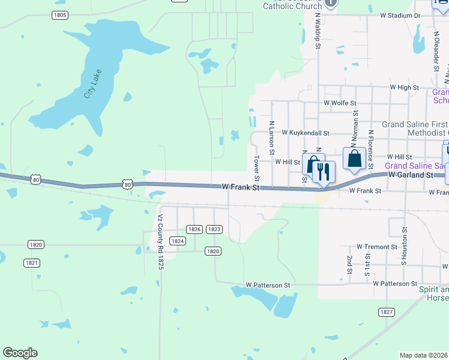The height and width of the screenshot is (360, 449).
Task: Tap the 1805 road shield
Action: click(59, 15)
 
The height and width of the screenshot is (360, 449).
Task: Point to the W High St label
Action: click(404, 88)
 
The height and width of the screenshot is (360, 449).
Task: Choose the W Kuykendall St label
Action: click(306, 133)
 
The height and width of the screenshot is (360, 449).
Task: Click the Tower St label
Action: click(257, 169)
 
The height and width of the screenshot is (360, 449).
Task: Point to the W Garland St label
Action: click(411, 175)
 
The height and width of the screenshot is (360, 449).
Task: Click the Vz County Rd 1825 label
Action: click(160, 242)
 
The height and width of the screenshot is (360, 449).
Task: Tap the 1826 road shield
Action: click(194, 229)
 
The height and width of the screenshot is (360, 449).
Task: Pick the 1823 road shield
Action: click(214, 229)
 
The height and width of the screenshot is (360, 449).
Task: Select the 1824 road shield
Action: click(177, 241)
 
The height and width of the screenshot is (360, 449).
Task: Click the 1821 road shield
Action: click(32, 263)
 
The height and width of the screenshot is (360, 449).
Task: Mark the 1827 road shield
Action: click(387, 312)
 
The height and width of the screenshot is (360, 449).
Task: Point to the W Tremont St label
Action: click(377, 247)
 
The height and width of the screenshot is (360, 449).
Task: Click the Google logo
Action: click(20, 353)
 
